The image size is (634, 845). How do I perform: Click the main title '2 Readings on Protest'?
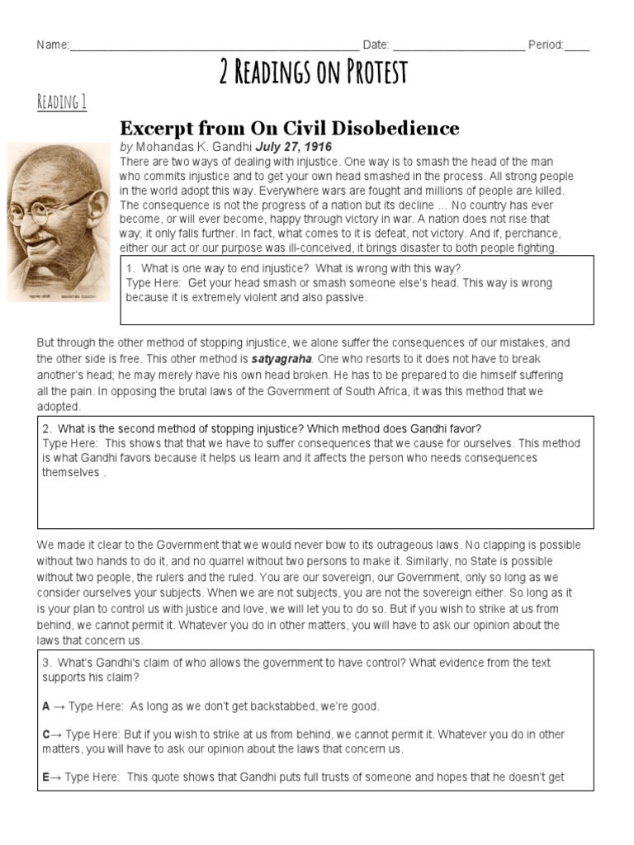314,73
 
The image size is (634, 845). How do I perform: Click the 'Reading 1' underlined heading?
62,102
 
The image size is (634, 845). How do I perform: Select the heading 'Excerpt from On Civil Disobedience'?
290,128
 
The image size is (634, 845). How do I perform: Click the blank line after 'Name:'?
215,45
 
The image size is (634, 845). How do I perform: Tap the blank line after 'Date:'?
459,45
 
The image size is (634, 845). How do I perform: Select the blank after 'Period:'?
577,45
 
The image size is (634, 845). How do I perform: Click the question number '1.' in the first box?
131,268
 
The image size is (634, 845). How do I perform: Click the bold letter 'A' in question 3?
46,706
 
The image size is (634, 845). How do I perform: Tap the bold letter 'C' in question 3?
46,734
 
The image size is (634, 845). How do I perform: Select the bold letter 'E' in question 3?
46,777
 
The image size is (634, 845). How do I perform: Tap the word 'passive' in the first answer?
344,297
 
